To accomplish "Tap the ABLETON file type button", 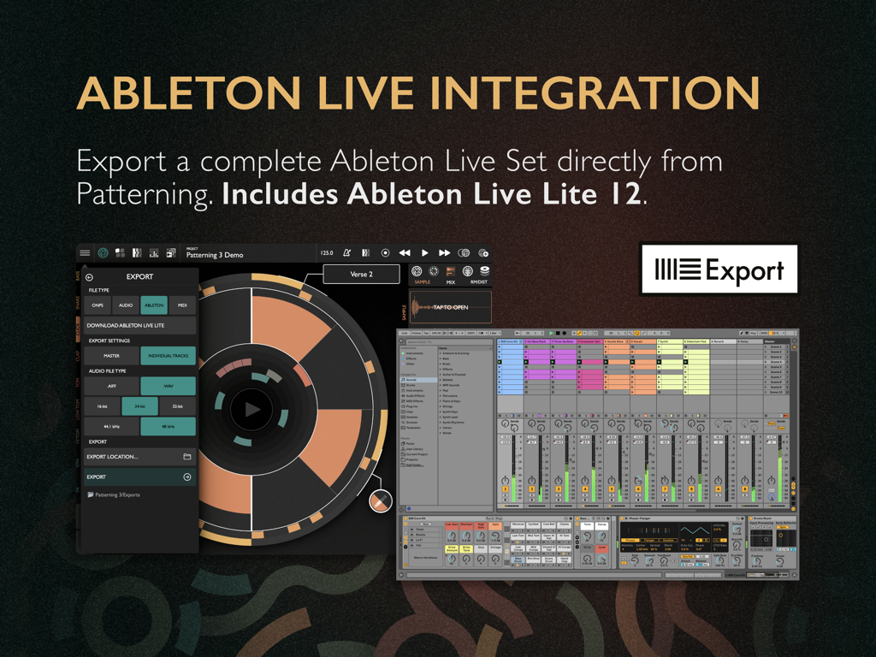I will [x=154, y=305].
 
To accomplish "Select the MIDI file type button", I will [x=182, y=305].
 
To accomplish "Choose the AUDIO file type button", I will [x=126, y=305].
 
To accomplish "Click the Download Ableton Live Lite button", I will [x=139, y=325].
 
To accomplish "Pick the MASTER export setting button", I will [x=111, y=355].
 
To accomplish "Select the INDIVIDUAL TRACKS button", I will [x=168, y=355].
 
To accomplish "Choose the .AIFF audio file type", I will [x=111, y=386].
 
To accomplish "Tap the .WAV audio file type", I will [x=168, y=386].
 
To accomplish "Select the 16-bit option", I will [x=103, y=406].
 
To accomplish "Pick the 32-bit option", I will [x=177, y=406].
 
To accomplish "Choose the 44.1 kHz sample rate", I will [x=111, y=426].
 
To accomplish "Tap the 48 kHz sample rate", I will [x=168, y=426].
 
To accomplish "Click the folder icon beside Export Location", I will [x=187, y=457].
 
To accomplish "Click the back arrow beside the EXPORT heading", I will [x=89, y=277].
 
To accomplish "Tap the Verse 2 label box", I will [x=361, y=275].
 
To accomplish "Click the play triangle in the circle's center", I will [x=252, y=410].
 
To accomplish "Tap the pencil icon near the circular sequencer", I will [x=381, y=501].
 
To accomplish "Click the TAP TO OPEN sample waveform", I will [x=450, y=307].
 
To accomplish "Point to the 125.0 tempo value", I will [x=327, y=253].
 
